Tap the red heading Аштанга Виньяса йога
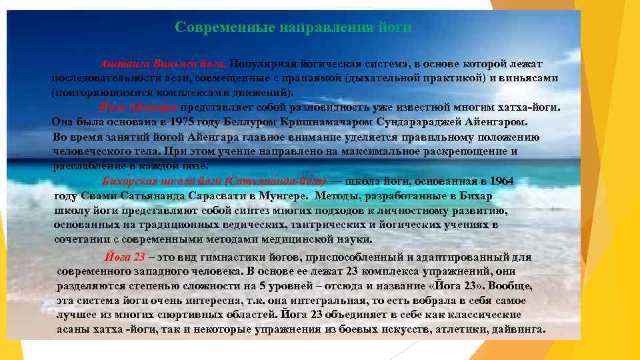coord(164,64)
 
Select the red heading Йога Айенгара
coord(139,107)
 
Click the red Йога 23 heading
coord(125,257)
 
